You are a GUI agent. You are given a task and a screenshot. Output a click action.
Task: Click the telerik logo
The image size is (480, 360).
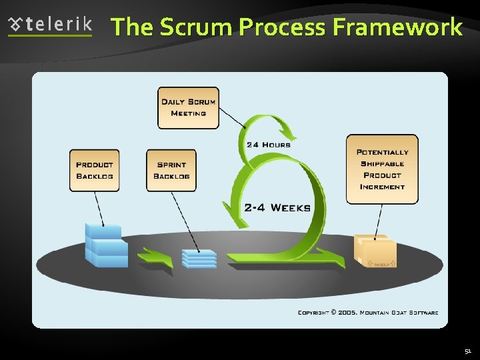(50, 26)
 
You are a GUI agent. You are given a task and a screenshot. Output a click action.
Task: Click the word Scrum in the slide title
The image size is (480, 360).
(196, 27)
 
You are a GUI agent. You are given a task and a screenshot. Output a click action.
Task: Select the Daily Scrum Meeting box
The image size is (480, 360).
(188, 108)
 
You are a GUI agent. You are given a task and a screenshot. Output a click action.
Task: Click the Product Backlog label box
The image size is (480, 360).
(95, 171)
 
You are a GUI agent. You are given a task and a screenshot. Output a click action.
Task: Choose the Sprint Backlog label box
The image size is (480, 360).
(171, 171)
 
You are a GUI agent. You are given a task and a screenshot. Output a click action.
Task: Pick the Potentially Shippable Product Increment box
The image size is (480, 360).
(382, 169)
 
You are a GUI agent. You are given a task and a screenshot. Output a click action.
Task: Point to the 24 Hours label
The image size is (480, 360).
(269, 145)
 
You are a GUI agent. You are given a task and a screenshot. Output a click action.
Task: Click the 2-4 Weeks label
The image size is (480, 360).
(277, 208)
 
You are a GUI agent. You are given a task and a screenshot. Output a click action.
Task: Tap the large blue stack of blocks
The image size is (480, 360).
(106, 246)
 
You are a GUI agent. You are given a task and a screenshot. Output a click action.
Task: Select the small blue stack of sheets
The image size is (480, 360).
(199, 259)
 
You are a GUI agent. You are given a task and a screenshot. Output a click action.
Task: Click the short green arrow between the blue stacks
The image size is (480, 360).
(155, 257)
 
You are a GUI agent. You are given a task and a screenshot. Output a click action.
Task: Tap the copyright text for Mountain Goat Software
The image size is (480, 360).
(367, 312)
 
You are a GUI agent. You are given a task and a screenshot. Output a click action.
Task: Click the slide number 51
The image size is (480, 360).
(468, 351)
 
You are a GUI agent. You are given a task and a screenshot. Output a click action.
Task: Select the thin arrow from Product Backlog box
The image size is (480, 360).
(99, 207)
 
